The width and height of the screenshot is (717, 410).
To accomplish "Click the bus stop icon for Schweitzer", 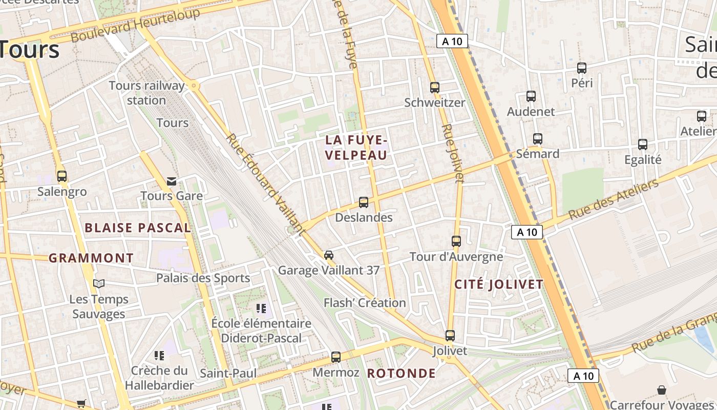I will pyautogui.click(x=435, y=87).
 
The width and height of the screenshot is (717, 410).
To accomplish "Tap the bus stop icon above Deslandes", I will pyautogui.click(x=364, y=202).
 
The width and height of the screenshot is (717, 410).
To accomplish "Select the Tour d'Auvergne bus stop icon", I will pyautogui.click(x=456, y=241).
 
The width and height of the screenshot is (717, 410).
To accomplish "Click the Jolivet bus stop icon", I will pyautogui.click(x=450, y=335).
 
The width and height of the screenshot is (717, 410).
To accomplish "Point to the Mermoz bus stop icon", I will pyautogui.click(x=336, y=357).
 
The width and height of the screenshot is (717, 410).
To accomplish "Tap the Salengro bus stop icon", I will pyautogui.click(x=62, y=176).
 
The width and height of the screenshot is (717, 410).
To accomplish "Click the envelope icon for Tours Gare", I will pyautogui.click(x=172, y=181).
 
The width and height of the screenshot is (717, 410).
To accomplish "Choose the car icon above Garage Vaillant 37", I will pyautogui.click(x=329, y=255).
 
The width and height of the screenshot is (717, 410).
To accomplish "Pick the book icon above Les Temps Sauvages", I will pyautogui.click(x=99, y=283).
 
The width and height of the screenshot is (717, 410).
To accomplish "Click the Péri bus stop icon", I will pyautogui.click(x=582, y=68).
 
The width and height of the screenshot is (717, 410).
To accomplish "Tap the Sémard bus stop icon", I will pyautogui.click(x=538, y=138).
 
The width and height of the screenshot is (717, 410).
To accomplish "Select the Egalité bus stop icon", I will pyautogui.click(x=643, y=145).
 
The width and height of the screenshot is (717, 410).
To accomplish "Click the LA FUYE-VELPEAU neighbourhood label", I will pyautogui.click(x=356, y=147).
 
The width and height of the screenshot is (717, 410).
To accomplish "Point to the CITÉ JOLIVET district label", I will pyautogui.click(x=499, y=284).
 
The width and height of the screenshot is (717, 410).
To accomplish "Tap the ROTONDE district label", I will pyautogui.click(x=402, y=373).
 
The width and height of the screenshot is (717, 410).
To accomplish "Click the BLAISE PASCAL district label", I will pyautogui.click(x=138, y=228).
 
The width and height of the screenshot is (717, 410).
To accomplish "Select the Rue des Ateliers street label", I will pyautogui.click(x=614, y=200).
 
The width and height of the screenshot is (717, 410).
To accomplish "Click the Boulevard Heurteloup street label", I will pyautogui.click(x=135, y=26).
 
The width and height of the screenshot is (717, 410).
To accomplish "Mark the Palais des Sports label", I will pyautogui.click(x=203, y=278).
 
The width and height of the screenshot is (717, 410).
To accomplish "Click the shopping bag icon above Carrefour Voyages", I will pyautogui.click(x=662, y=390).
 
